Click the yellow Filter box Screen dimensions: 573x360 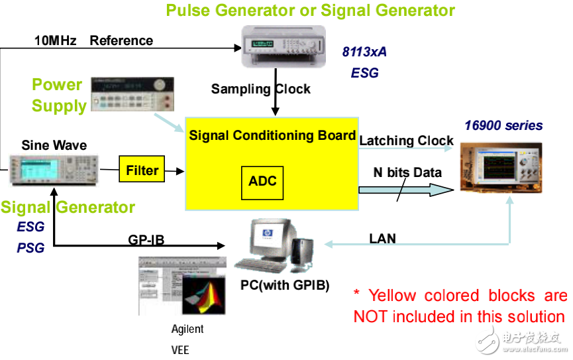coord(142,169)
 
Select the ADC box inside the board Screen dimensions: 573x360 coord(262,182)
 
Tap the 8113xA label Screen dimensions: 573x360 coord(364,52)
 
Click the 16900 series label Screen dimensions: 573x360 coord(503,125)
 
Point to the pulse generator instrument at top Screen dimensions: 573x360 coord(284,46)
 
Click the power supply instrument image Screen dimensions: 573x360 coord(132,94)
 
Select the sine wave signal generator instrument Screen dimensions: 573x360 coord(54,170)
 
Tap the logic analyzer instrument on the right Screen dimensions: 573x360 coord(501,167)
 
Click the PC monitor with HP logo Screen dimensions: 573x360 coord(271,239)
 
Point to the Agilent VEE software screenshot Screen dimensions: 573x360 coord(182,286)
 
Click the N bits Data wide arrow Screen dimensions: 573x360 coord(406,190)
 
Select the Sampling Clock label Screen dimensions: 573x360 coord(261,89)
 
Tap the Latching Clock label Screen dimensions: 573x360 coord(406,141)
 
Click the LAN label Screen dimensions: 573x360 coord(383,239)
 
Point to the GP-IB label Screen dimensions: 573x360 coord(146,240)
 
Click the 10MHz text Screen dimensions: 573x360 coord(55,40)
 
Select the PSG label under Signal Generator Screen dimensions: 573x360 coord(30,248)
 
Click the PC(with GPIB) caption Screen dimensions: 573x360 coord(285,285)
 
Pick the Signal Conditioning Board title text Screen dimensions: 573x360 coord(272,135)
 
